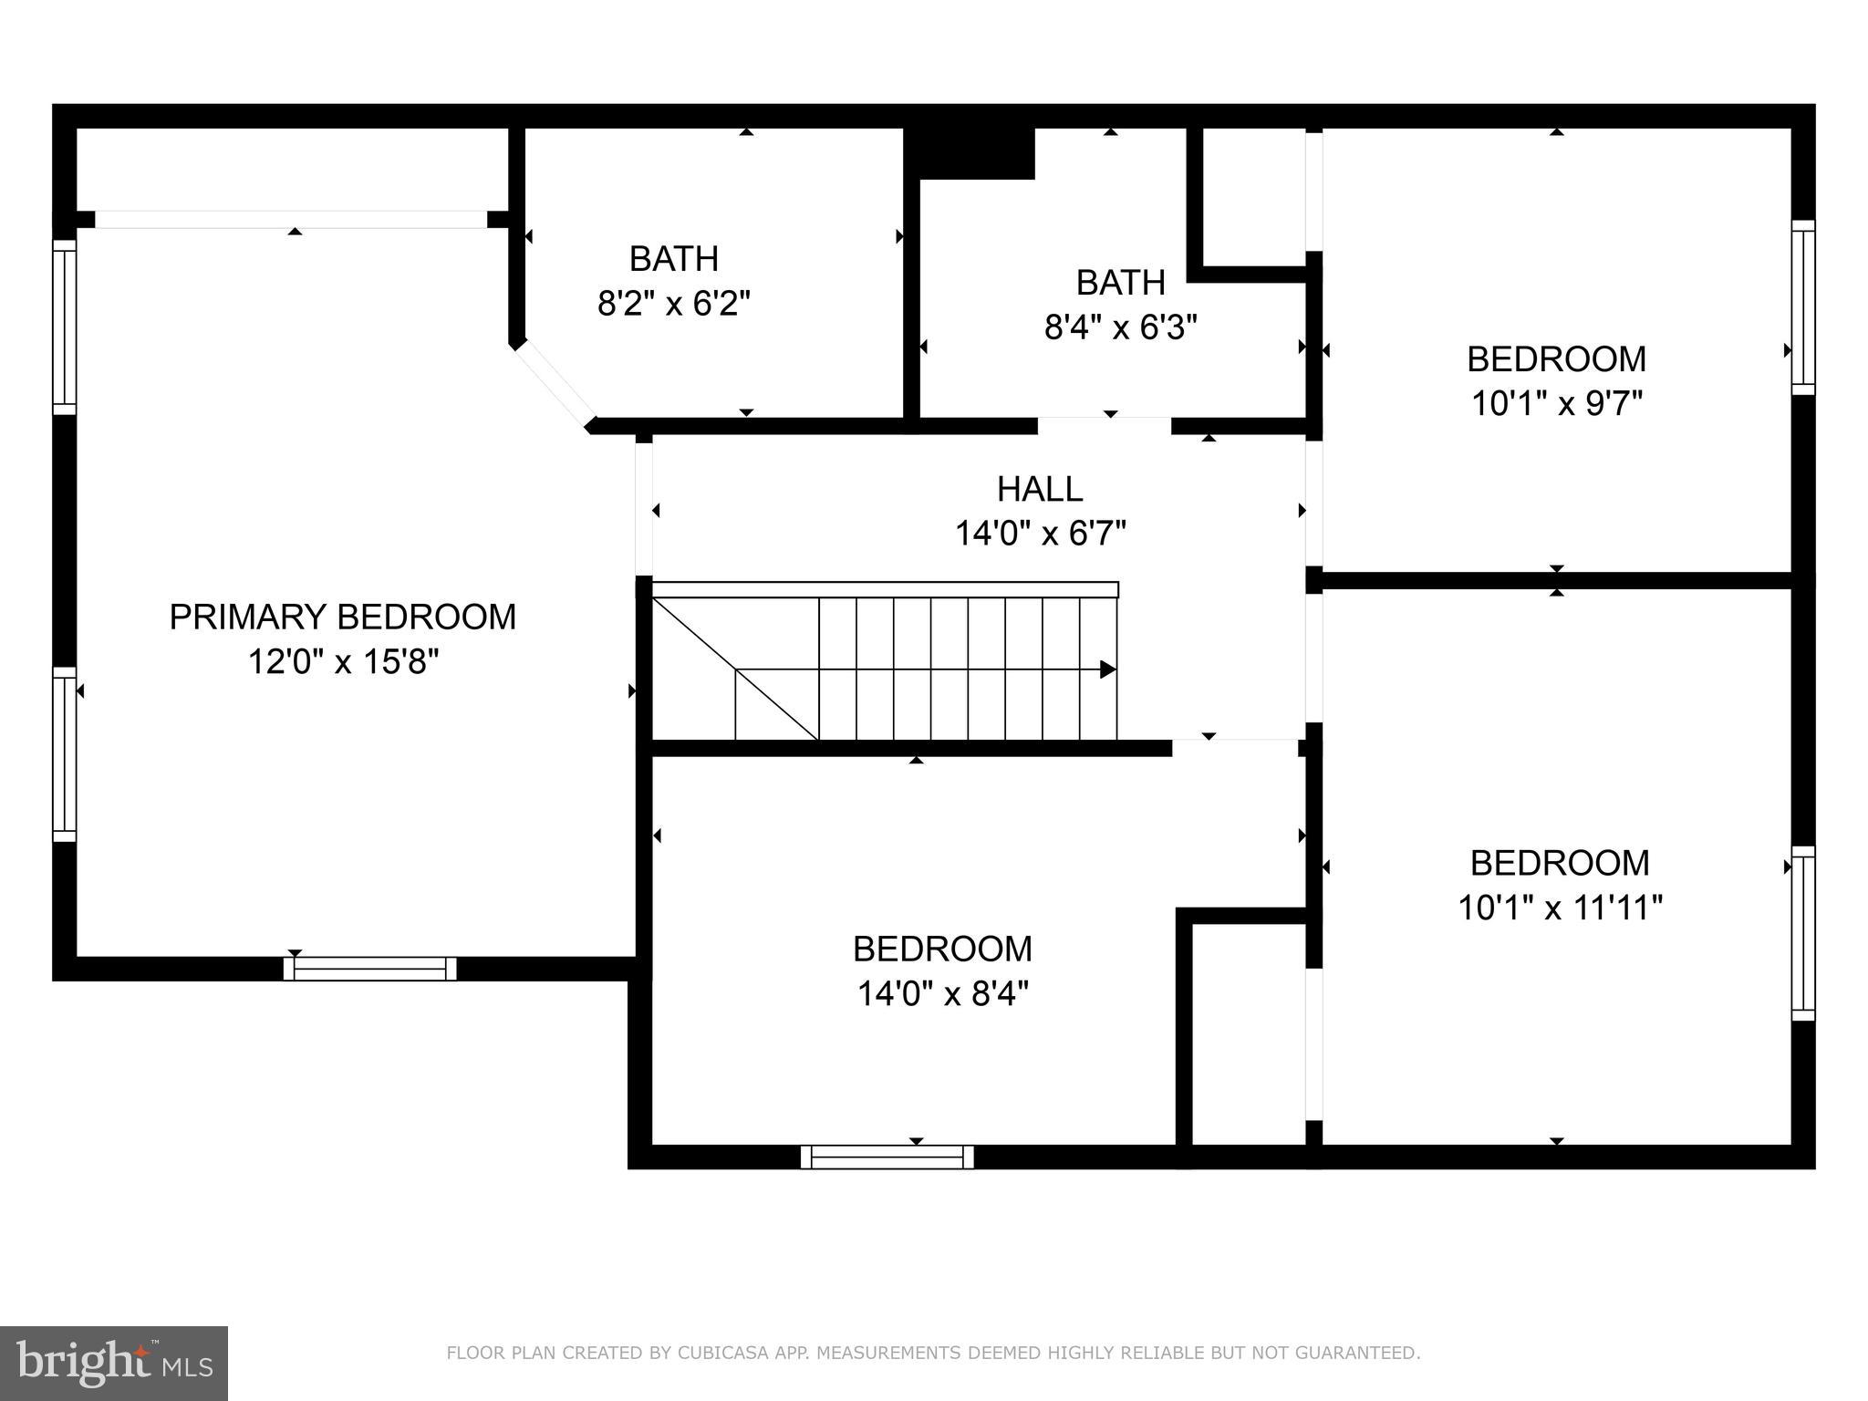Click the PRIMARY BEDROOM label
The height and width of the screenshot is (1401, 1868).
tap(342, 617)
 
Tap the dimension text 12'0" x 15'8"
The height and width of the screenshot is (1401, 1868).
tap(343, 662)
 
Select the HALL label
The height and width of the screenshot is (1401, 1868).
tap(1039, 490)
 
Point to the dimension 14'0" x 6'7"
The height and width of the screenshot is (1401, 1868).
tap(1040, 534)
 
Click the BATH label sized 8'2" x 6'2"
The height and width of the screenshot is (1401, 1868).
tap(673, 259)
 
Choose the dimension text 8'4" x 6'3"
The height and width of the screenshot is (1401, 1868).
tap(1120, 327)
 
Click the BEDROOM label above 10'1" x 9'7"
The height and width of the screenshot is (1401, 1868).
tap(1556, 359)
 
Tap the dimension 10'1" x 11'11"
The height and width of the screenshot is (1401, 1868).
tap(1560, 908)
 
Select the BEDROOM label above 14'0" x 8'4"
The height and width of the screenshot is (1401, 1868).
tap(942, 950)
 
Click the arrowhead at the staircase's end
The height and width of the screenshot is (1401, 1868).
tap(1107, 669)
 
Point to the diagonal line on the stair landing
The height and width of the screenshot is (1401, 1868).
tap(734, 669)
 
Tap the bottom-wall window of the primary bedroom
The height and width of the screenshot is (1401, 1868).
tap(369, 969)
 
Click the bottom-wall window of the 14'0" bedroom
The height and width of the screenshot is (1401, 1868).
tap(887, 1157)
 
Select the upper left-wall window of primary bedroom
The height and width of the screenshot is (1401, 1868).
tap(64, 326)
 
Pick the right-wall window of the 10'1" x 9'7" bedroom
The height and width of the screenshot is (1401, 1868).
tap(1803, 307)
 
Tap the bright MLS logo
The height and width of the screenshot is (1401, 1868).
tap(113, 1363)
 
